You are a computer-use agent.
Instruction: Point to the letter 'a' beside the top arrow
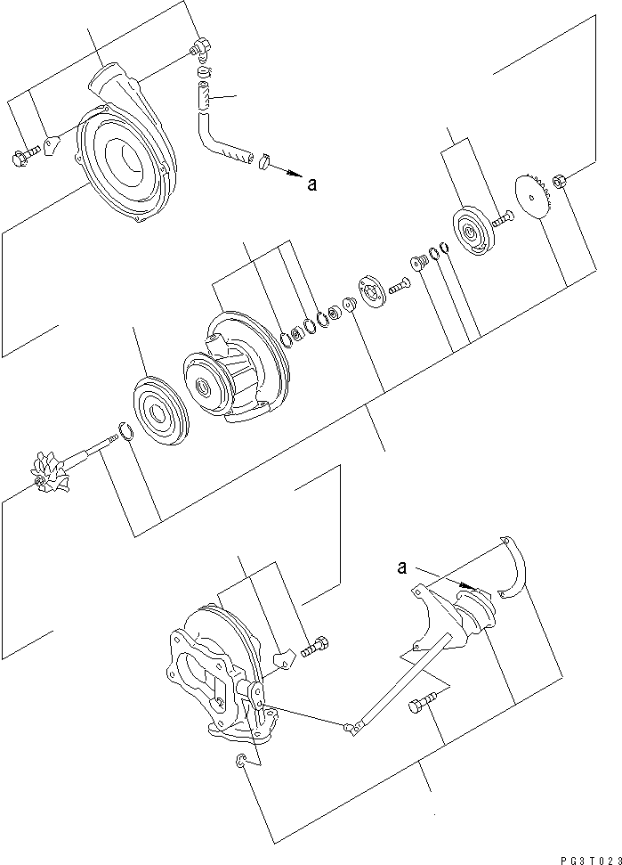click(311, 184)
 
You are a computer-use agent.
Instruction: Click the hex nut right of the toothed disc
click(560, 182)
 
